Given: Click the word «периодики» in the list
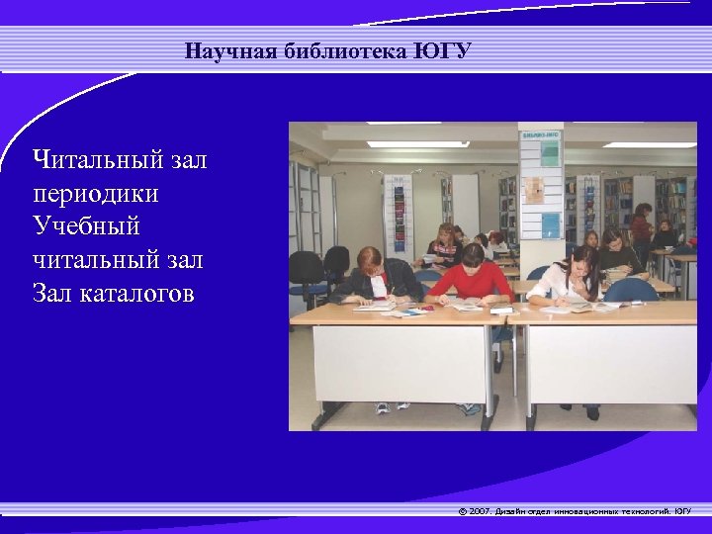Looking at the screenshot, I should (95, 193).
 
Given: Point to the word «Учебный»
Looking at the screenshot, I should (86, 226).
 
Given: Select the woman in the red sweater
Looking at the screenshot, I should (472, 277).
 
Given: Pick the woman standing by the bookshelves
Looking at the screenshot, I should (642, 227).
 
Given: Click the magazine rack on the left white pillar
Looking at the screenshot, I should (399, 213).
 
